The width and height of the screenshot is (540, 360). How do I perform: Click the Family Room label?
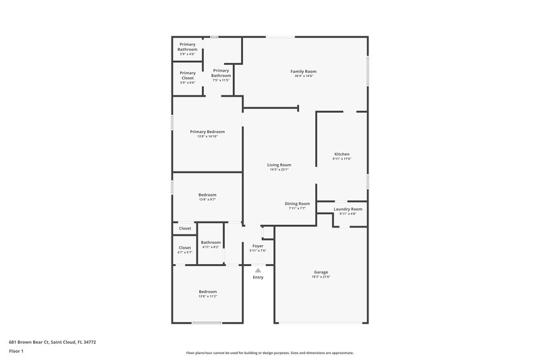click(303, 71)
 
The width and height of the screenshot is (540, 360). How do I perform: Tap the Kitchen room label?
click(342, 154)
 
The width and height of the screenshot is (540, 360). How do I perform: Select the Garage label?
click(321, 272)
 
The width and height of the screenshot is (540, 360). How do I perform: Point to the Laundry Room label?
click(348, 209)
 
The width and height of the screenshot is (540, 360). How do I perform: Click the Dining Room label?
click(297, 203)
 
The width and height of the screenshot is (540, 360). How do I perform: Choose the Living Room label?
click(279, 165)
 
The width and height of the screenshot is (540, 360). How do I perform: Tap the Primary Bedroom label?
click(207, 132)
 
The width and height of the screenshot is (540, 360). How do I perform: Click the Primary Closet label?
click(187, 75)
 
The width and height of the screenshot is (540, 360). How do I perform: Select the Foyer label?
click(258, 246)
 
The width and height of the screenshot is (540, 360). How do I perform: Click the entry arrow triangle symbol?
click(257, 269)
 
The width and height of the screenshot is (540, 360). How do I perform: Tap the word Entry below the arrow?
click(258, 277)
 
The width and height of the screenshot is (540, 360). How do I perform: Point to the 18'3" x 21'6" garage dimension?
click(321, 277)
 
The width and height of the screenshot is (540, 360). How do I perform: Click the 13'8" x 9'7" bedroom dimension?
click(207, 200)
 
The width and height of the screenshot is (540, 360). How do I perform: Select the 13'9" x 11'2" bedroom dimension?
click(207, 297)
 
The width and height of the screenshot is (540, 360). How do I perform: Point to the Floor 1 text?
click(17, 352)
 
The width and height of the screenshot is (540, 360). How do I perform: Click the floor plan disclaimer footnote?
click(269, 353)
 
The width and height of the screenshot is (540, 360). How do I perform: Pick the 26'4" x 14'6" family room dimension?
click(303, 76)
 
